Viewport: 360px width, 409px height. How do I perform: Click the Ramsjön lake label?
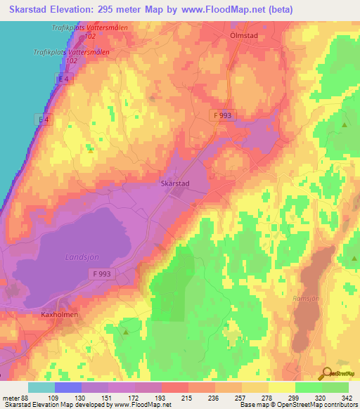click(x=307, y=297)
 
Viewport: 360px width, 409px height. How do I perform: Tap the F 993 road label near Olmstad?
click(x=224, y=115)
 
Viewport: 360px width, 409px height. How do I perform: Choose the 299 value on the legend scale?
click(x=282, y=397)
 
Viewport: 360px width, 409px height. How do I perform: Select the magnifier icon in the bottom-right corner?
click(x=326, y=373)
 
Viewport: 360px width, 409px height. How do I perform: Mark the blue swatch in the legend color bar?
click(x=67, y=387)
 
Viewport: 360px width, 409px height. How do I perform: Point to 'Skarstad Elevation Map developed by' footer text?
click(x=47, y=405)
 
